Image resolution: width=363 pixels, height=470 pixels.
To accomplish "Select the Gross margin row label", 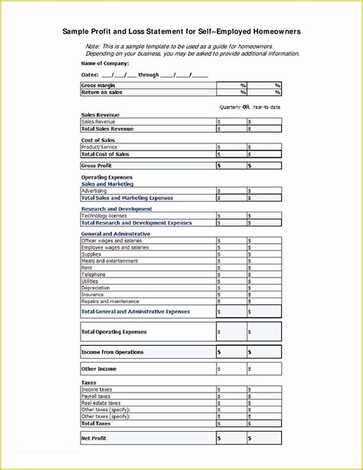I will [99, 85].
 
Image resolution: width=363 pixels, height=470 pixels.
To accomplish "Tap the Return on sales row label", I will [102, 92].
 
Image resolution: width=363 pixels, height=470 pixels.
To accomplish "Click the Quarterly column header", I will [230, 107].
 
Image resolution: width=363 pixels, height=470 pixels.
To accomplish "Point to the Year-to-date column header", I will [267, 107].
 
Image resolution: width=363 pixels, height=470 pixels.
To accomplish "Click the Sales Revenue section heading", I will [100, 114].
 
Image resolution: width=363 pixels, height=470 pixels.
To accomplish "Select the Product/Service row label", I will [100, 147].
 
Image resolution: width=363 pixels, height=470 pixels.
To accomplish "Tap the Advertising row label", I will [94, 191].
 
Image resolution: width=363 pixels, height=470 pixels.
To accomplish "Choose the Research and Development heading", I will [116, 209].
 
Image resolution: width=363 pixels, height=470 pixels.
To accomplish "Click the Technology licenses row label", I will [104, 216].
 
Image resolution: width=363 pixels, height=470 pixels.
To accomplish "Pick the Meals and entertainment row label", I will [110, 261].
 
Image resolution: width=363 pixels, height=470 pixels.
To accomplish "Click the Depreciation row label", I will [96, 288].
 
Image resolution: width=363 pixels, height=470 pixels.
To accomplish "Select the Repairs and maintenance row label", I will [111, 301].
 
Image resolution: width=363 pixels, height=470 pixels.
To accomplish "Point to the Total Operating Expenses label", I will [113, 332].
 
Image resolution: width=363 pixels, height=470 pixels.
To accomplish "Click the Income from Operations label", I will [112, 352].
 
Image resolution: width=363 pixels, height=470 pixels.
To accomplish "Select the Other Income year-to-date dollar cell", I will [263, 370].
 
